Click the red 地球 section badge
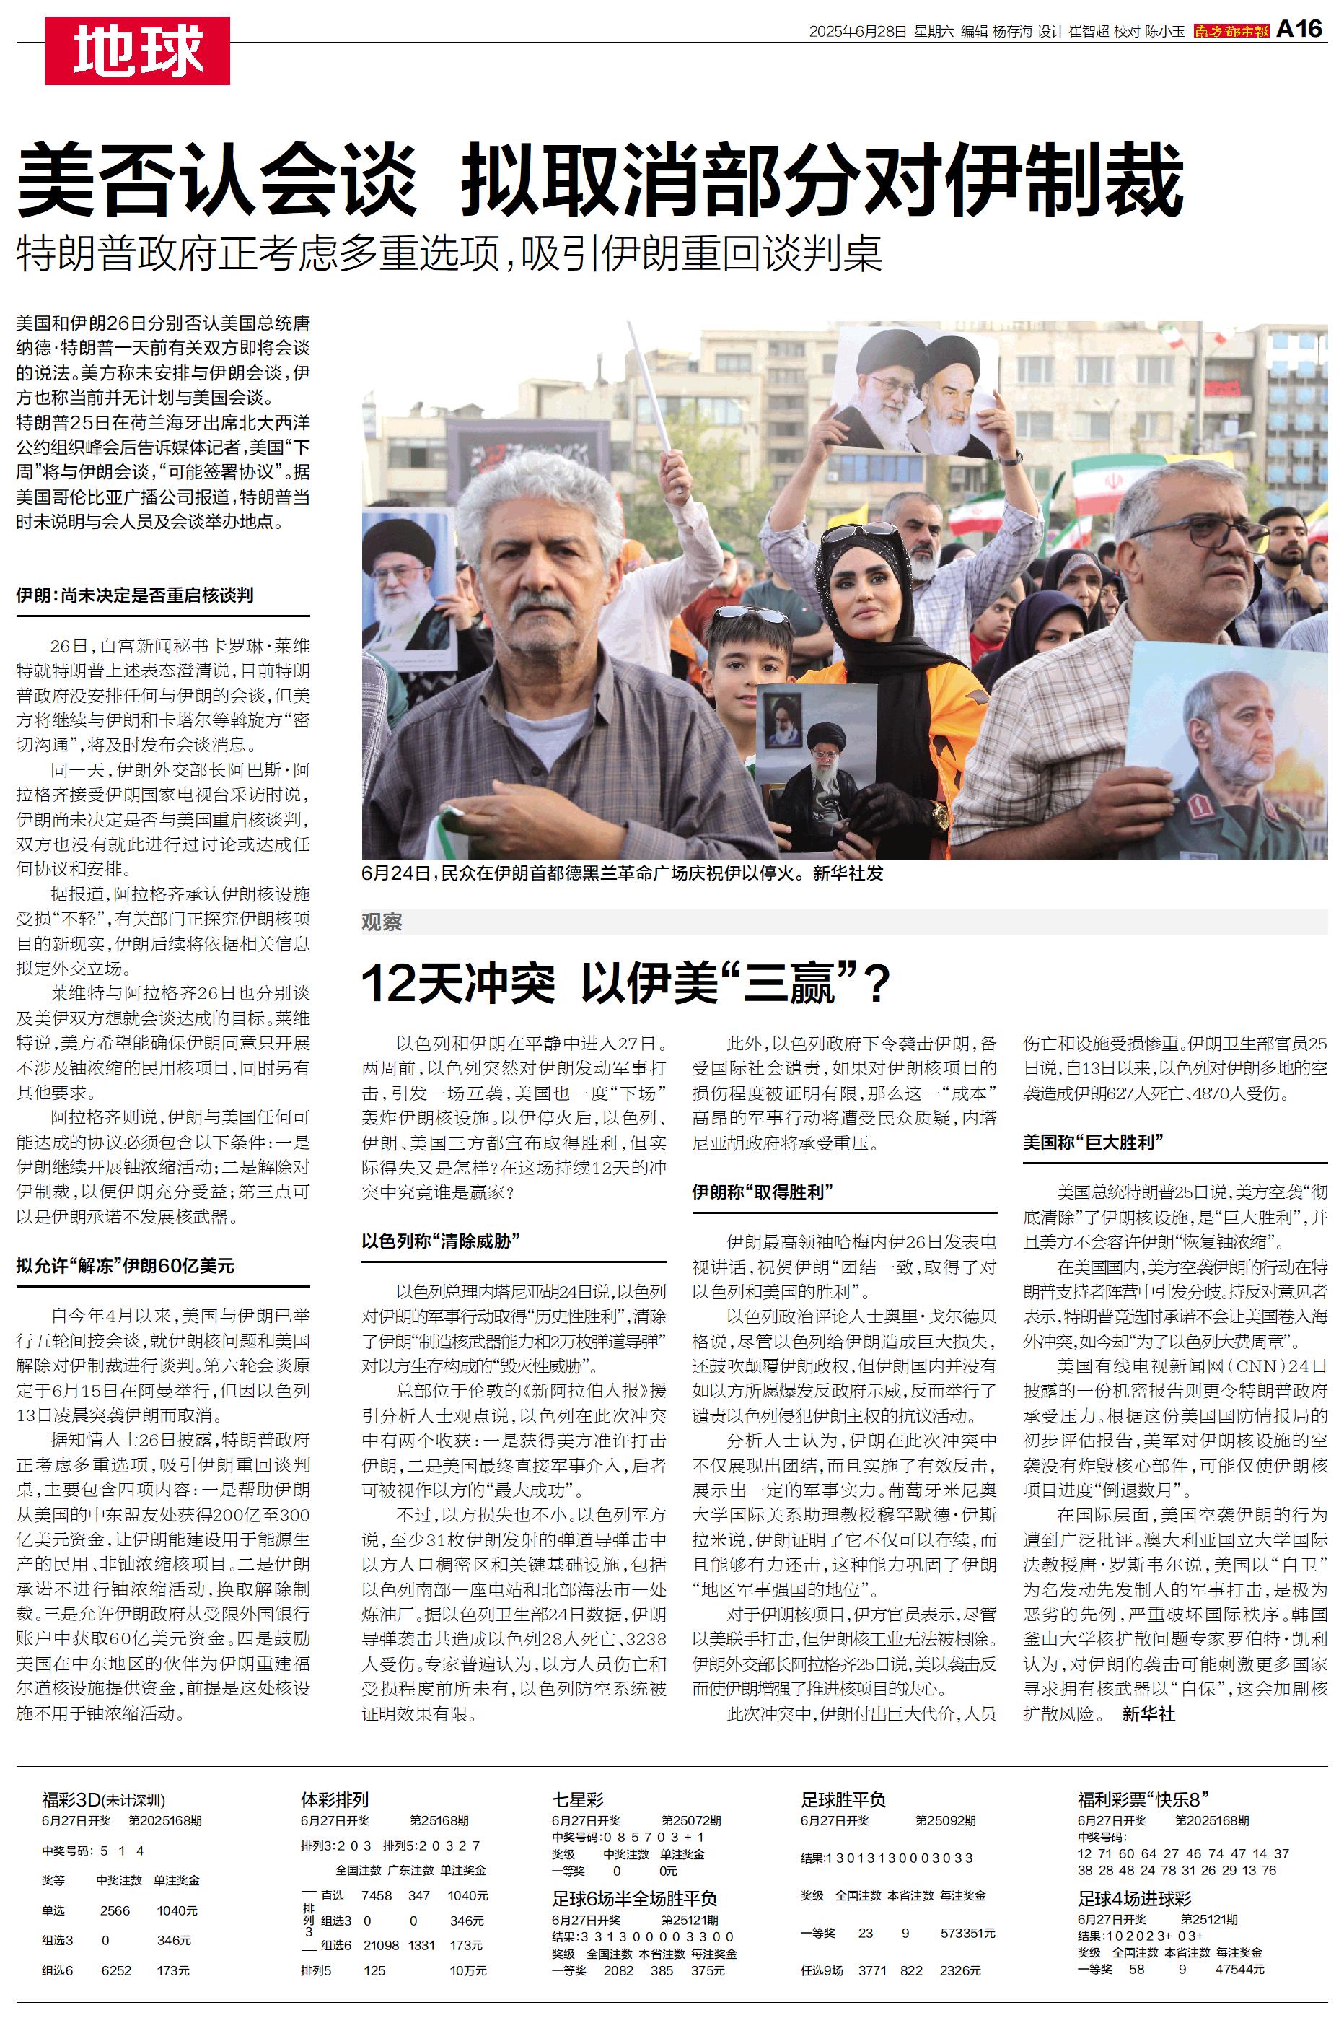[x=137, y=51]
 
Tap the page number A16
[x=1299, y=29]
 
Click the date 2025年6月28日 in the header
[x=857, y=32]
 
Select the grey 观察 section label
[x=382, y=922]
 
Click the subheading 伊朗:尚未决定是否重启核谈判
[x=135, y=595]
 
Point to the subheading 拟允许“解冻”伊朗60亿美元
[x=125, y=1266]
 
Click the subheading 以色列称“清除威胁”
[x=442, y=1241]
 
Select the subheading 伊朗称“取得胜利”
[x=763, y=1192]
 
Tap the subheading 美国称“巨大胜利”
[x=1093, y=1142]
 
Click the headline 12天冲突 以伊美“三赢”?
[x=625, y=982]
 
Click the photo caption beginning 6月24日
[x=623, y=873]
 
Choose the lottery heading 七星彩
[x=578, y=1799]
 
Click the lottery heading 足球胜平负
[x=843, y=1799]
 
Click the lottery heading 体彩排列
[x=334, y=1799]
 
